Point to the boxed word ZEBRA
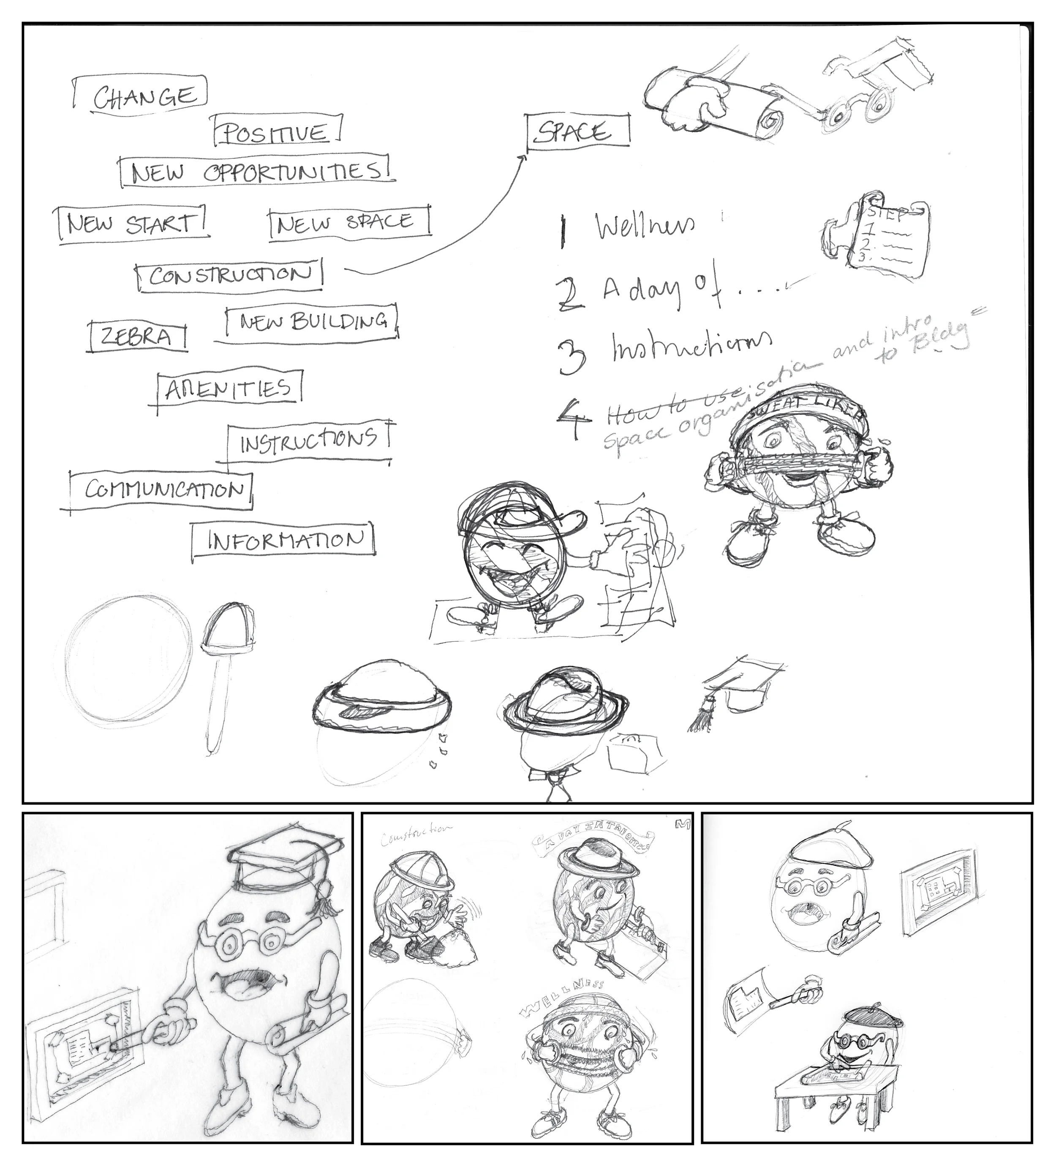pos(136,336)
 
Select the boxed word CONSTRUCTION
pos(230,275)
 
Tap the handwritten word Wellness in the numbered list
pos(645,226)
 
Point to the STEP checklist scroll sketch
pos(879,237)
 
